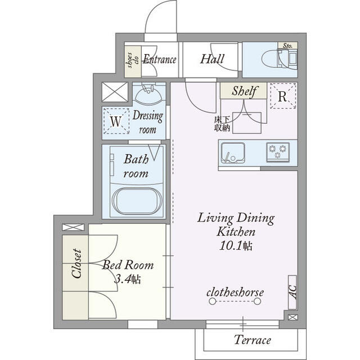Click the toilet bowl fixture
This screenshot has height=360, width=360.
pyautogui.click(x=271, y=59)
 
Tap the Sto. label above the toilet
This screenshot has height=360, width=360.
pyautogui.click(x=287, y=46)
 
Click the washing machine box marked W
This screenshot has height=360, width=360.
pyautogui.click(x=116, y=121)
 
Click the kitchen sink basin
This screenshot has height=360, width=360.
pyautogui.click(x=233, y=152)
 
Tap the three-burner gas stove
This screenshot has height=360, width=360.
pyautogui.click(x=277, y=152)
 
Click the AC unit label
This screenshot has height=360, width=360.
pyautogui.click(x=292, y=292)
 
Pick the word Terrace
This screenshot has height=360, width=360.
pyautogui.click(x=253, y=340)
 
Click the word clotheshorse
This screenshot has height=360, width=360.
pyautogui.click(x=235, y=292)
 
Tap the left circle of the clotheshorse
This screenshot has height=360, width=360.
pyautogui.click(x=213, y=301)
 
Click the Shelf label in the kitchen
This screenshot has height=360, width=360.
pyautogui.click(x=244, y=91)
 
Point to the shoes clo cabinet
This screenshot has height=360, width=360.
pyautogui.click(x=133, y=61)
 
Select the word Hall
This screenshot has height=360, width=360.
pyautogui.click(x=212, y=58)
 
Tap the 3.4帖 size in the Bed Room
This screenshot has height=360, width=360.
pyautogui.click(x=128, y=280)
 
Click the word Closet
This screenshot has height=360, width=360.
pyautogui.click(x=76, y=263)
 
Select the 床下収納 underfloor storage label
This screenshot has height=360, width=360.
pyautogui.click(x=222, y=124)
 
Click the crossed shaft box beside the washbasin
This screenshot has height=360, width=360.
pyautogui.click(x=115, y=92)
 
